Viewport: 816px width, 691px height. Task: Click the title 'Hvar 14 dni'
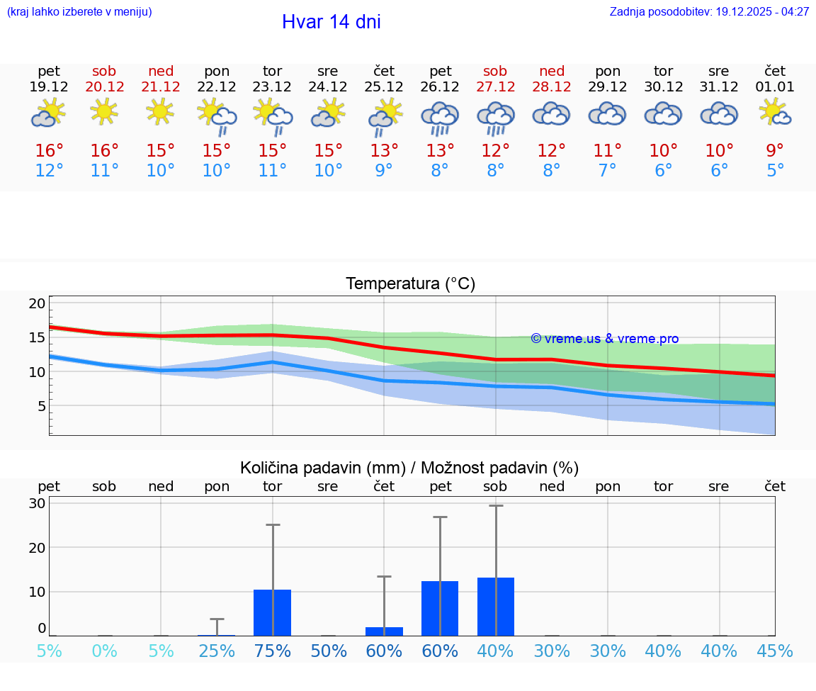[331, 22]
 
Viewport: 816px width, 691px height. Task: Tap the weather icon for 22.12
[217, 116]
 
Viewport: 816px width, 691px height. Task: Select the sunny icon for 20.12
[104, 111]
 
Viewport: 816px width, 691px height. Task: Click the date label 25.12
[384, 87]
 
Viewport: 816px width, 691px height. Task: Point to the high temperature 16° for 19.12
[49, 150]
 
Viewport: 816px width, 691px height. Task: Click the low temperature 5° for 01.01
[775, 171]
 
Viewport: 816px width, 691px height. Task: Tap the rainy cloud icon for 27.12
[495, 116]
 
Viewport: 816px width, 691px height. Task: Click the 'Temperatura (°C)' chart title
[410, 284]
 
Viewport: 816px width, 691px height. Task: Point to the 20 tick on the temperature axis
[38, 303]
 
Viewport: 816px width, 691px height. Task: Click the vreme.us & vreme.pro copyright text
[604, 339]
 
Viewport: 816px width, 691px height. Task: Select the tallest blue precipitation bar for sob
[496, 607]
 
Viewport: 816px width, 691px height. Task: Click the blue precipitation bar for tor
[273, 612]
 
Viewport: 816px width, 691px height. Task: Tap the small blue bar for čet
[384, 631]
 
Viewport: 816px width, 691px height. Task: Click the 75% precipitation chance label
[273, 651]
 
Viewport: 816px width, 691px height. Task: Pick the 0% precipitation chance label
[104, 651]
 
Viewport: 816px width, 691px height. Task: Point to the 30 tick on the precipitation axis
[38, 503]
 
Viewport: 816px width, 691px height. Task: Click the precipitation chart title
[409, 468]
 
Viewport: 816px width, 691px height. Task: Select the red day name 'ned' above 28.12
[552, 71]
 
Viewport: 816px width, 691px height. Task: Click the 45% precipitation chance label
[775, 651]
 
